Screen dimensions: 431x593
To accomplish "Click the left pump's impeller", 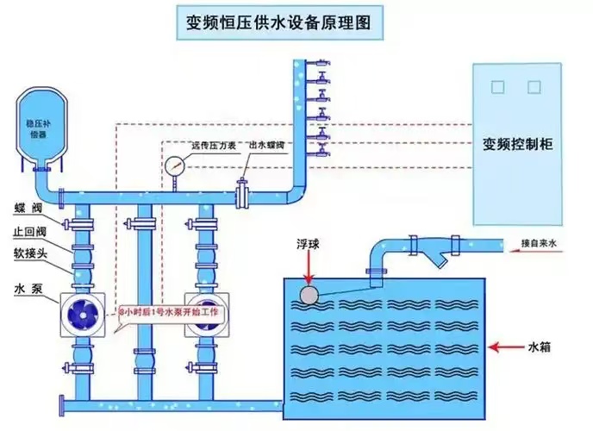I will point(83,313).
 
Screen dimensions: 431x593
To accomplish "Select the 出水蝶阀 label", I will point(267,147).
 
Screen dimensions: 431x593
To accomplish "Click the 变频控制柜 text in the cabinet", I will point(517,145).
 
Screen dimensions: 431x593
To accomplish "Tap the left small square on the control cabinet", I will point(496,87).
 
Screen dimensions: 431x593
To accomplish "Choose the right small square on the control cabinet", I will point(534,87).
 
